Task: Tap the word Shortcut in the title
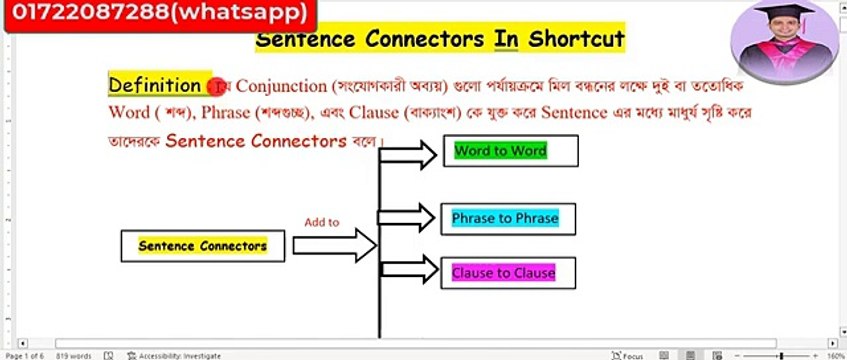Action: pos(574,39)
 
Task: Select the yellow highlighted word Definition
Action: pos(154,85)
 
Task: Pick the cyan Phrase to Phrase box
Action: pos(505,217)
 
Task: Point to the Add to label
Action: pos(322,222)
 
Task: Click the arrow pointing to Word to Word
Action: pos(410,153)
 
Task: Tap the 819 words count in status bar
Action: pos(74,355)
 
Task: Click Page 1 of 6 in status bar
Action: pos(24,355)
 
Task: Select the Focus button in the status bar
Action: pos(632,355)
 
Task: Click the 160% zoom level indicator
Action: pos(833,355)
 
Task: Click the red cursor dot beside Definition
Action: pos(213,87)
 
